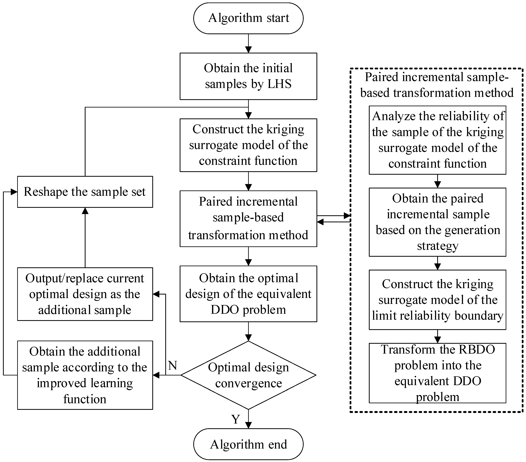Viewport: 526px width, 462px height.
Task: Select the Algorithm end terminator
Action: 248,444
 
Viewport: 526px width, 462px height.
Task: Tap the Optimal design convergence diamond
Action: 248,375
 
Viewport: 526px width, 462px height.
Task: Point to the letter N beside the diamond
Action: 173,365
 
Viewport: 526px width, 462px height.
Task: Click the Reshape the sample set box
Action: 85,192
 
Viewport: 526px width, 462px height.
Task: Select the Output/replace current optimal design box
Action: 85,294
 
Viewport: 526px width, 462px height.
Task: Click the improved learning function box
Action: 85,375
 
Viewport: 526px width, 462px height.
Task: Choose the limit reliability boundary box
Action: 437,300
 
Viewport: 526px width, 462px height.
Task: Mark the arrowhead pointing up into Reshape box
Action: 85,211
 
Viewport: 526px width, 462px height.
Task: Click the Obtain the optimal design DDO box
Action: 248,294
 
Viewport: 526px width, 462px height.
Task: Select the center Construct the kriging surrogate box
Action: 248,145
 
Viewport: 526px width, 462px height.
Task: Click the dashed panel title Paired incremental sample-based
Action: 437,85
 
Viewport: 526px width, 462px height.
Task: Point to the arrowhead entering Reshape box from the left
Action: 14,192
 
